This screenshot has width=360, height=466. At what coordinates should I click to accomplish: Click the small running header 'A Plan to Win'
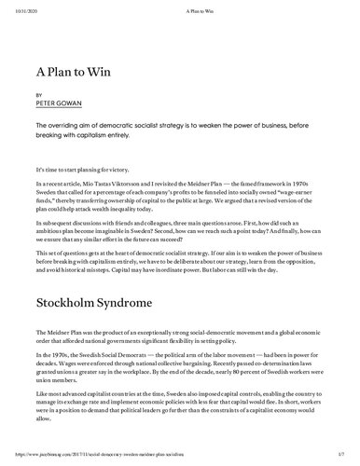pos(180,6)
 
